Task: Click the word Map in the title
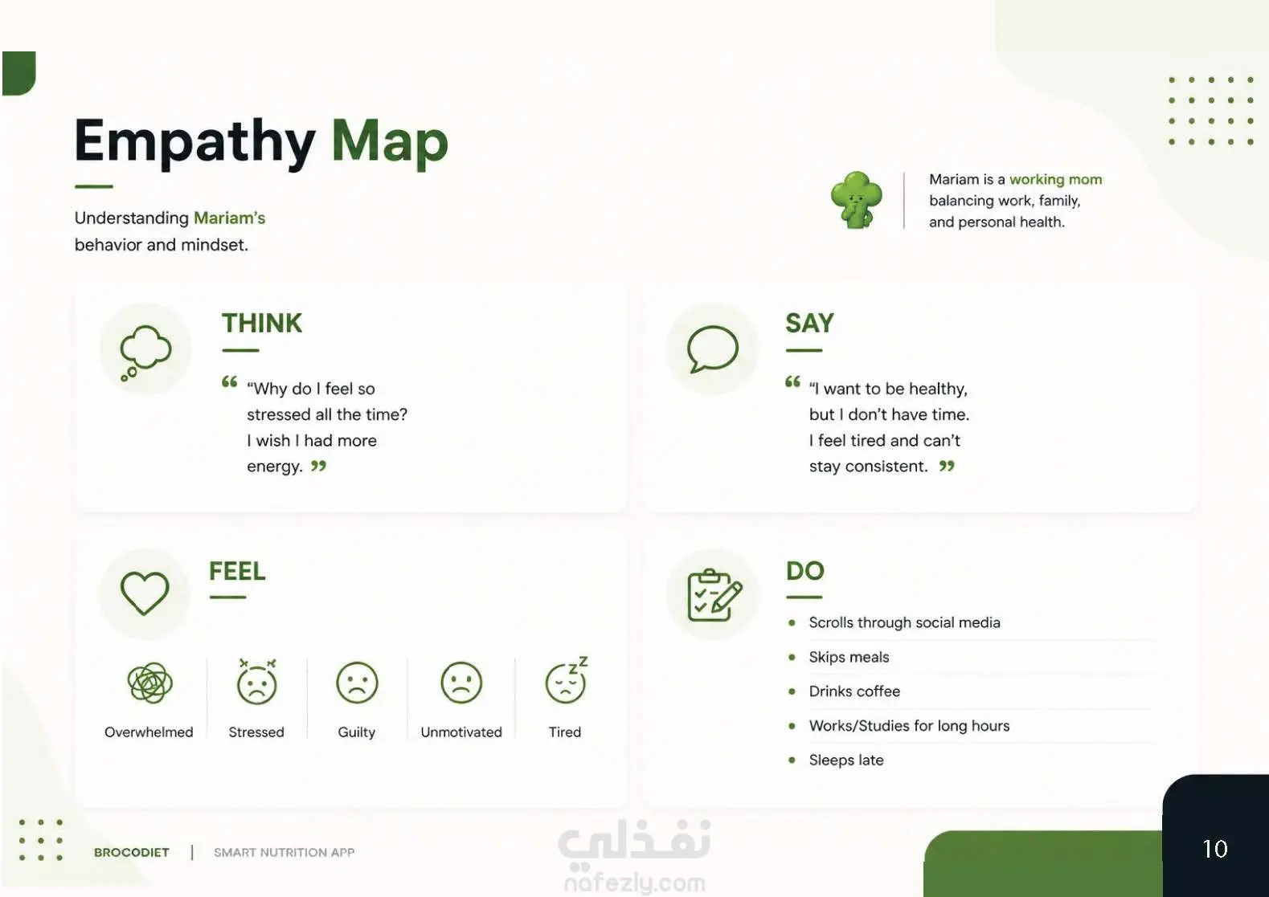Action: (390, 142)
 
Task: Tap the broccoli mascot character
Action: (856, 200)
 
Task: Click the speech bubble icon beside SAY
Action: (712, 349)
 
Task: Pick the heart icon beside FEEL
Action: (145, 593)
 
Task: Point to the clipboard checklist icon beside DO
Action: (714, 594)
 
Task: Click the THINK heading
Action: (262, 323)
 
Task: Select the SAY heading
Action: (809, 323)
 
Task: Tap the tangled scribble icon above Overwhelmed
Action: (149, 683)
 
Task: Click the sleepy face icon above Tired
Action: (566, 681)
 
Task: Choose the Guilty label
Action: (356, 732)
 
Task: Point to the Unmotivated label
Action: (461, 732)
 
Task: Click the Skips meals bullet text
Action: (849, 657)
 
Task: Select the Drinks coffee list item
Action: (854, 691)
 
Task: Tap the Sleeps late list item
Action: (845, 760)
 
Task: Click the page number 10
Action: (1214, 849)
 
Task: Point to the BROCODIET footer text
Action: (132, 852)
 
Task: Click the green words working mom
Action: (1055, 179)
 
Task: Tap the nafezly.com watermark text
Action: (635, 883)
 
